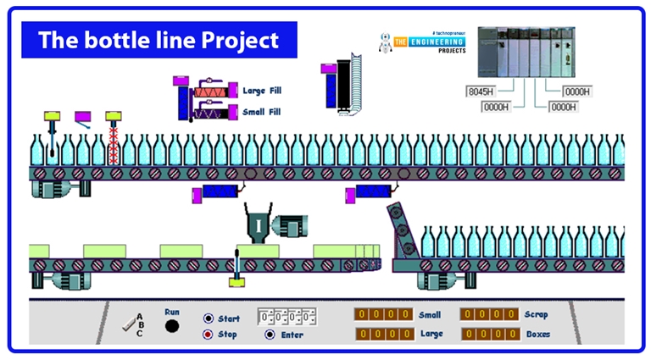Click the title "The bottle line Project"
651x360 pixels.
(159, 40)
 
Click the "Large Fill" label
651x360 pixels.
(262, 90)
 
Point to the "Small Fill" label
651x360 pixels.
(262, 112)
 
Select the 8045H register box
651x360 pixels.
(481, 91)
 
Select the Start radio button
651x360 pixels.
(209, 318)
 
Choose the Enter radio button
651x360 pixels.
(270, 334)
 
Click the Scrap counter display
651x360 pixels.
(488, 314)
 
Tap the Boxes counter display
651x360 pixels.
(488, 334)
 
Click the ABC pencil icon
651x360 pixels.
(131, 323)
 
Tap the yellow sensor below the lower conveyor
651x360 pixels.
(237, 280)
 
